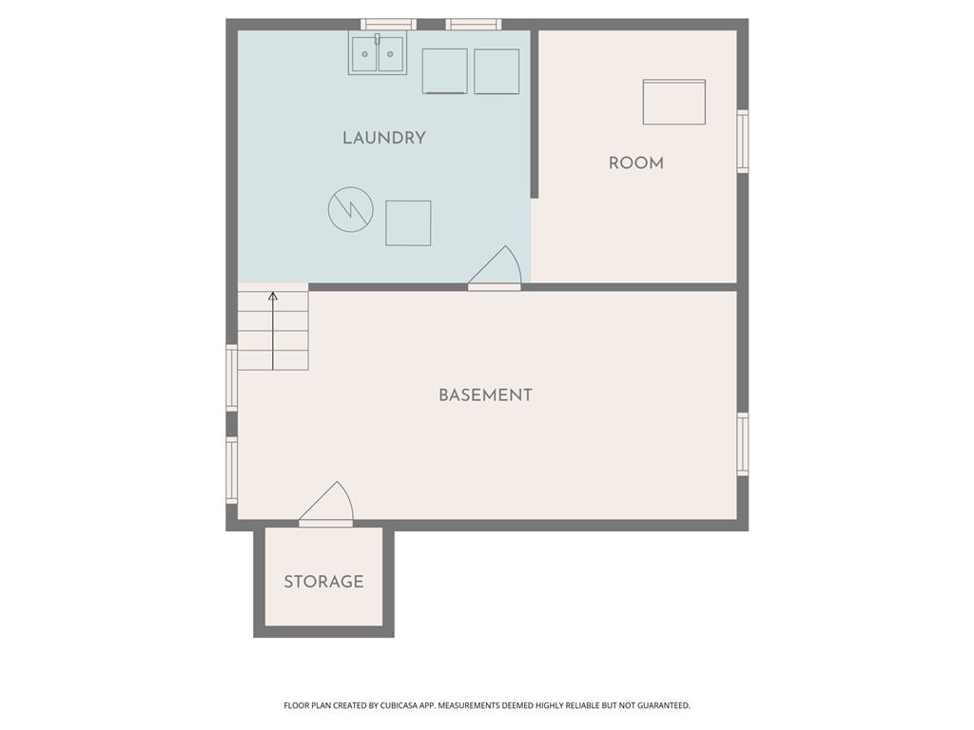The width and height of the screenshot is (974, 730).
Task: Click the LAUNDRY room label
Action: [x=384, y=138]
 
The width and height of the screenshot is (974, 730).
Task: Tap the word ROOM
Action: [x=636, y=163]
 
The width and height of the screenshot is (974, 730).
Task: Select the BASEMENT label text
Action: [x=485, y=395]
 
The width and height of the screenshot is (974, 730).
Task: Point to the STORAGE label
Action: [x=323, y=582]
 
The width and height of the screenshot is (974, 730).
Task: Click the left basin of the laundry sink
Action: [x=364, y=54]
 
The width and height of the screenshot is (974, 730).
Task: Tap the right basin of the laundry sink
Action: [x=391, y=54]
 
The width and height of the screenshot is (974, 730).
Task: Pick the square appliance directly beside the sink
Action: [x=445, y=71]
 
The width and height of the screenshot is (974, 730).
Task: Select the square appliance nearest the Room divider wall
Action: [x=497, y=71]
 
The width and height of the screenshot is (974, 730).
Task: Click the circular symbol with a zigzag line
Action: [x=351, y=210]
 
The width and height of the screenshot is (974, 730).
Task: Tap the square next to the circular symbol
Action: [x=408, y=222]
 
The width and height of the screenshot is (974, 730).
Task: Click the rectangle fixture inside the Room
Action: [x=674, y=102]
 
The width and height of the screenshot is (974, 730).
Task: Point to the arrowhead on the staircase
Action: [x=273, y=297]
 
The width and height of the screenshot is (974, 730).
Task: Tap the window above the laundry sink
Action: [x=388, y=25]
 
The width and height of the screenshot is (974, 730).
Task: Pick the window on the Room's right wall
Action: [x=742, y=141]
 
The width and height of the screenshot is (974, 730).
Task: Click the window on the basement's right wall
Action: [x=742, y=444]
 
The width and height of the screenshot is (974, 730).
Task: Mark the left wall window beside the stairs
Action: [x=232, y=377]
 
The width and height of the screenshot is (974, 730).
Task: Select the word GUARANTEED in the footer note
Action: [x=665, y=706]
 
